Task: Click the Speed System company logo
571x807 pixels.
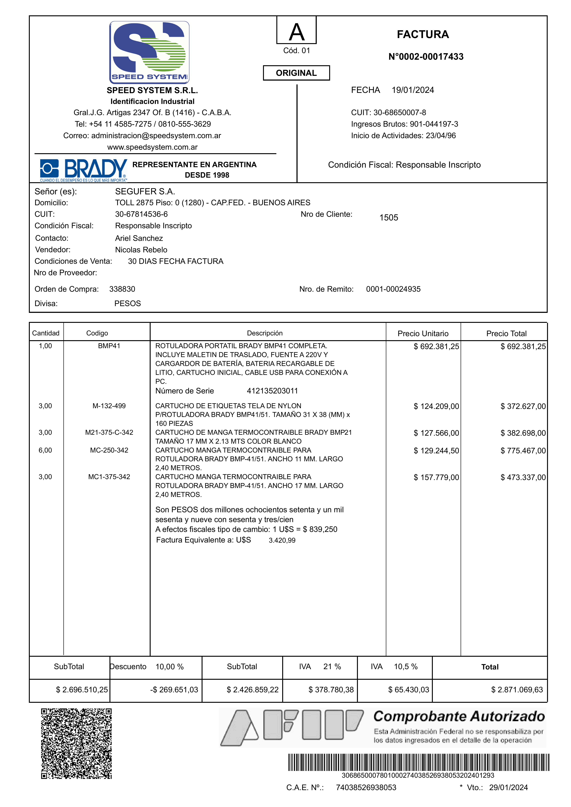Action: coord(149,52)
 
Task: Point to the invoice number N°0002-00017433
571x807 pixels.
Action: coord(426,57)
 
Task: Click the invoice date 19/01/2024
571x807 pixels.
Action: coord(413,90)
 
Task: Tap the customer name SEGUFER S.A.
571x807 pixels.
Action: coord(145,192)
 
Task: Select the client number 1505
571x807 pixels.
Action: coord(388,218)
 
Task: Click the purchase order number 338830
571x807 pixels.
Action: coord(122,289)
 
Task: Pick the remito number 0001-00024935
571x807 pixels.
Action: coord(393,289)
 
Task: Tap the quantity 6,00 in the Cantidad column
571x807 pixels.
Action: coord(45,450)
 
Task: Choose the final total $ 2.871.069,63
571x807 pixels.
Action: coord(517,690)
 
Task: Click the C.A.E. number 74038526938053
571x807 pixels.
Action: coord(366,787)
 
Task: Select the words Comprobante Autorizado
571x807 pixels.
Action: coord(459,716)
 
